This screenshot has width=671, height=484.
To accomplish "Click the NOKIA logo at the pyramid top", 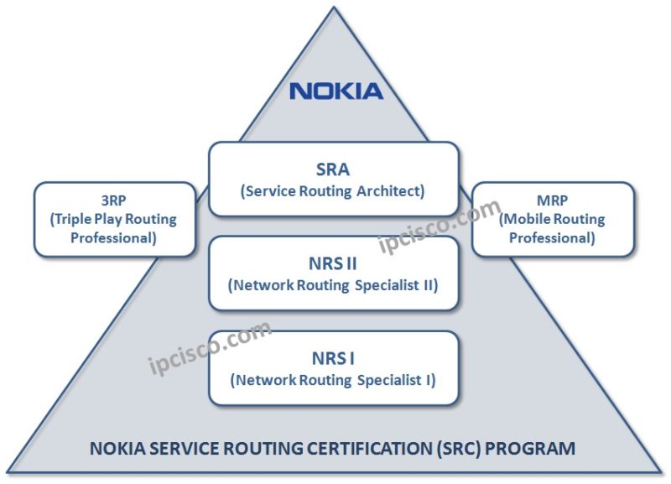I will point(335,91).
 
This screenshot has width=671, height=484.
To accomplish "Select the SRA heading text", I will point(333,169).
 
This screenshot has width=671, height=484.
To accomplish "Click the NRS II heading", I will point(333,263).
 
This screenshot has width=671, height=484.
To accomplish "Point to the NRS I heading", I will point(333,358).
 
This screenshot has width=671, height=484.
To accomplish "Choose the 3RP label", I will point(116,200).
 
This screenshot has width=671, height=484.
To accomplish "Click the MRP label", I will point(552,200).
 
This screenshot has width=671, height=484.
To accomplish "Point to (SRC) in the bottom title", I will point(447,448).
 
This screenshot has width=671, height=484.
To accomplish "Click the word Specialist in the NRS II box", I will point(373,284).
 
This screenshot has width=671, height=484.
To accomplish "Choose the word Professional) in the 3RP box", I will point(116,238).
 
